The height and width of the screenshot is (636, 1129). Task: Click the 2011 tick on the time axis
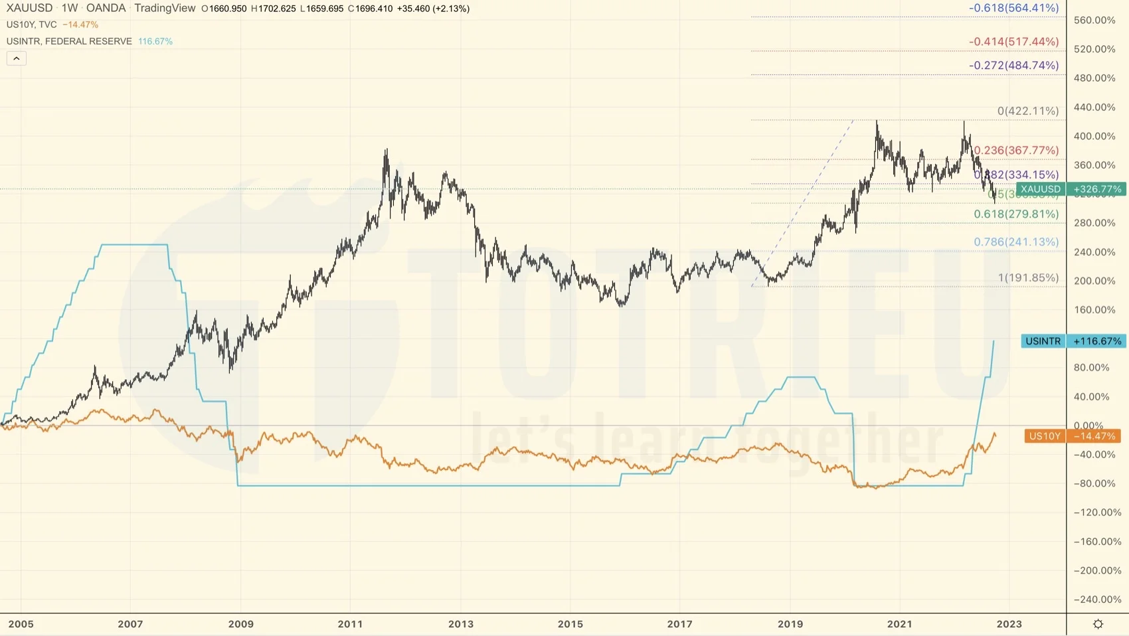(350, 624)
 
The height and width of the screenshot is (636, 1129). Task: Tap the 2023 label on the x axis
(1009, 624)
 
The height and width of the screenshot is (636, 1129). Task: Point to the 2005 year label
(21, 624)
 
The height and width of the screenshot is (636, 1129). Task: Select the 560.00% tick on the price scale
(1094, 20)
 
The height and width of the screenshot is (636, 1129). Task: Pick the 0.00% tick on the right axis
(1088, 426)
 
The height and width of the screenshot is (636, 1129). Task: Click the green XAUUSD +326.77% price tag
(1071, 189)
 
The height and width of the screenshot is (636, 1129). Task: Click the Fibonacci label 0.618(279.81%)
(1016, 214)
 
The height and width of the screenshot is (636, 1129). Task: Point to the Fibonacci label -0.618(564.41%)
(1013, 8)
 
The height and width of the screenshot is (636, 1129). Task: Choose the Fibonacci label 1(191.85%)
(1028, 278)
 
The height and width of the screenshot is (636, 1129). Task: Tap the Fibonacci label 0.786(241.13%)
(1016, 242)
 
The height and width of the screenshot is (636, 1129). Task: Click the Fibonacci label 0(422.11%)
(1028, 111)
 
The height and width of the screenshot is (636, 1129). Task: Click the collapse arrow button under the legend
(17, 58)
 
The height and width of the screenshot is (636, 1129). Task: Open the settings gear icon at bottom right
(1098, 624)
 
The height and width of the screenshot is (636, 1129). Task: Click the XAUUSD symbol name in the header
(29, 8)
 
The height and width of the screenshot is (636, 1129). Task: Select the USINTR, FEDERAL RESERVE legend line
(69, 41)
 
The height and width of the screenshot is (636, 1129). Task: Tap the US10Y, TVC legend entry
(31, 25)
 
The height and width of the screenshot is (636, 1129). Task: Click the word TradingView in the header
(165, 8)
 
